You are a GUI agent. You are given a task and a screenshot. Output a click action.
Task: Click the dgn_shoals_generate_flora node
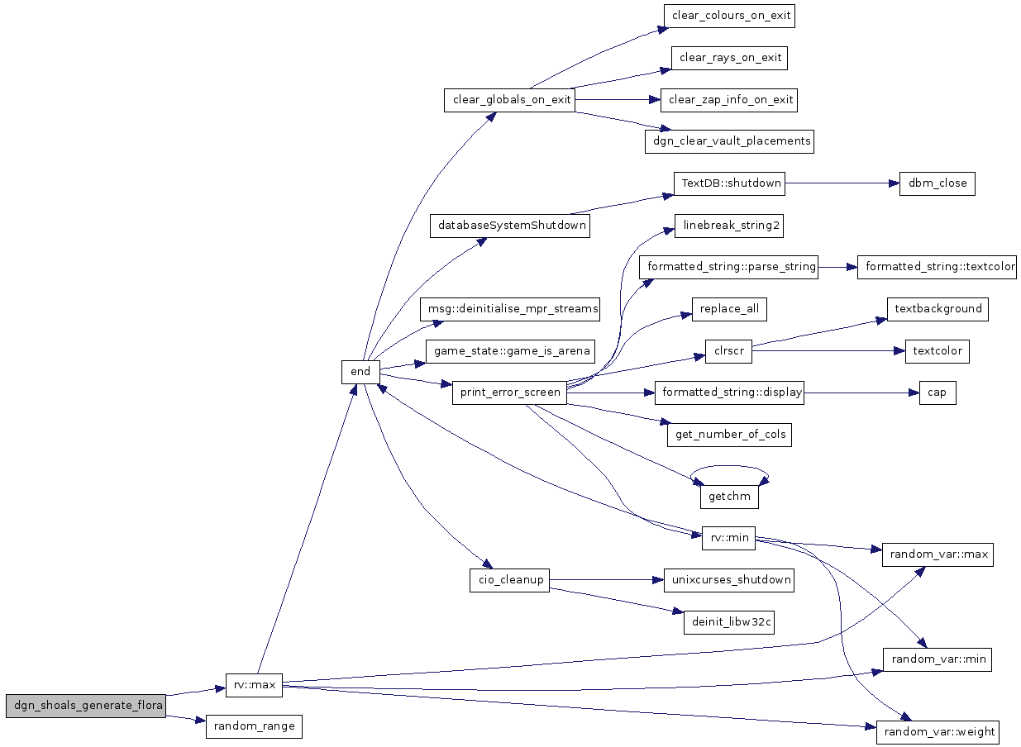(x=86, y=706)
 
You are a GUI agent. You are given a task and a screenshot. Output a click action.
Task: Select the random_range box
(x=254, y=726)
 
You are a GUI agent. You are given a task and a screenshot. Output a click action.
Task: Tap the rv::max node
(x=254, y=685)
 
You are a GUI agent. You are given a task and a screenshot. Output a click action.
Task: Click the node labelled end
(x=360, y=372)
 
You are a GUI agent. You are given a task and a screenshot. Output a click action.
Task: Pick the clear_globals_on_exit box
(x=509, y=100)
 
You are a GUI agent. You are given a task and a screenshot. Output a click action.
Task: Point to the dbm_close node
(x=938, y=183)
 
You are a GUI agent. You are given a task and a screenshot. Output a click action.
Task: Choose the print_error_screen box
(x=509, y=393)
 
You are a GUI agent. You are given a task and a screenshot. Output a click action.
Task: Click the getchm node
(x=729, y=497)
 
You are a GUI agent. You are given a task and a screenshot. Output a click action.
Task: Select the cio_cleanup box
(x=509, y=580)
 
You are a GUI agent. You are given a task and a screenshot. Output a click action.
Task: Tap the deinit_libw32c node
(x=729, y=622)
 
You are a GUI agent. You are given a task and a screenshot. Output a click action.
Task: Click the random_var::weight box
(x=938, y=732)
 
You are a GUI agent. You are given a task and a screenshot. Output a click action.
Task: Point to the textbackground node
(x=938, y=309)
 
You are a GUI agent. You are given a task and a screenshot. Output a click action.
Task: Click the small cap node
(x=938, y=393)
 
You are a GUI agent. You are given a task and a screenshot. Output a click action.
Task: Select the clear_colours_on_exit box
(x=729, y=16)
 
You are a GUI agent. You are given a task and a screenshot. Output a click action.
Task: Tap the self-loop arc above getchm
(x=729, y=466)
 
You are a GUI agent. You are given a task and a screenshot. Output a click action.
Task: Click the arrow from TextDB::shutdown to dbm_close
(x=842, y=183)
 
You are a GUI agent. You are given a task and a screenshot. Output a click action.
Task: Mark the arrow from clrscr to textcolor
(x=828, y=351)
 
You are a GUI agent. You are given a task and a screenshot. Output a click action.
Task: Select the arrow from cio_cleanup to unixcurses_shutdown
(x=607, y=580)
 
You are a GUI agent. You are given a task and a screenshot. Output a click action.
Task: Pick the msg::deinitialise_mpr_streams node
(x=509, y=309)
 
